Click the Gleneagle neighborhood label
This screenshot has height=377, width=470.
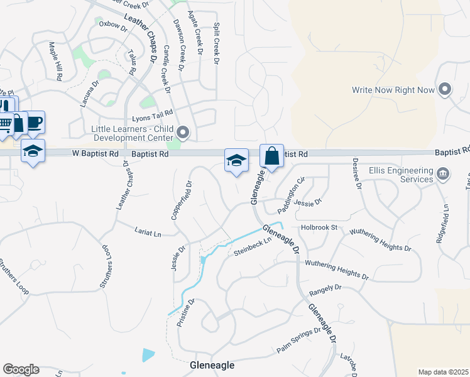tap(212, 365)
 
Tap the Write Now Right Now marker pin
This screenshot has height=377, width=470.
tap(445, 90)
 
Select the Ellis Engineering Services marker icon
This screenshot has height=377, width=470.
tap(443, 173)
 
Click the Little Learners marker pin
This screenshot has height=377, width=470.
tap(183, 132)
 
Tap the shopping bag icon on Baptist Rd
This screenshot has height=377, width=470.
tap(271, 156)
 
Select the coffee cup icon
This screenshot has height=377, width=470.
tap(34, 121)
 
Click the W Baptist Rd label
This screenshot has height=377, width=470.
tap(95, 153)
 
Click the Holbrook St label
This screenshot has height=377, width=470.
tap(319, 227)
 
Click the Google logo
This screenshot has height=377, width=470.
tap(21, 369)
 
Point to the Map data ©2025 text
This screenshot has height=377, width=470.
tap(442, 372)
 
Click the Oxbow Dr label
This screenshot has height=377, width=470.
tap(113, 25)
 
